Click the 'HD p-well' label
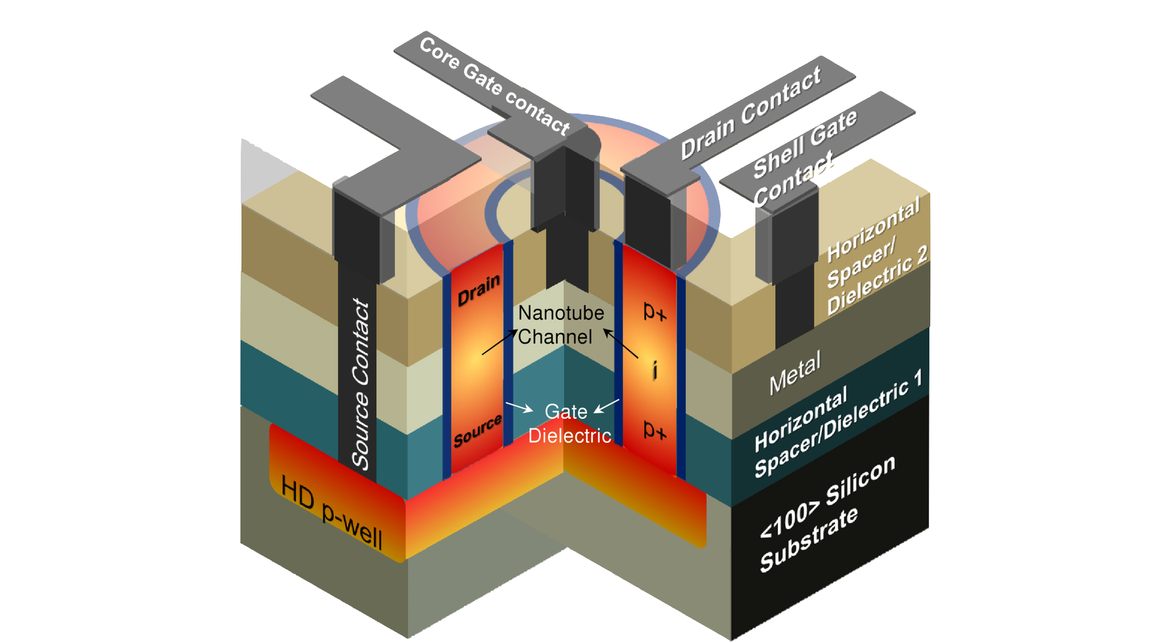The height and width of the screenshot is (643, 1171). (x=332, y=513)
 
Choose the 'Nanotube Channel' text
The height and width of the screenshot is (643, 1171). (x=560, y=324)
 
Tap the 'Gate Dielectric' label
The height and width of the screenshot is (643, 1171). (x=569, y=424)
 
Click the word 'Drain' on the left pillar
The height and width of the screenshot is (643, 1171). (x=479, y=290)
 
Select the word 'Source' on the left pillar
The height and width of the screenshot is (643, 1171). (x=477, y=431)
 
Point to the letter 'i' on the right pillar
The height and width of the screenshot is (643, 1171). (x=655, y=370)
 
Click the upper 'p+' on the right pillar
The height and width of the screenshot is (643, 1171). (x=654, y=312)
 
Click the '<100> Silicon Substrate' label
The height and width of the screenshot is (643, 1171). (x=827, y=513)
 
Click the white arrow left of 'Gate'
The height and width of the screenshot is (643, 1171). (x=519, y=406)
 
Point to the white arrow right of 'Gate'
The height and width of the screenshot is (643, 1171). (x=607, y=406)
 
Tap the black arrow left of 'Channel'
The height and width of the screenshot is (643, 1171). (x=499, y=343)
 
